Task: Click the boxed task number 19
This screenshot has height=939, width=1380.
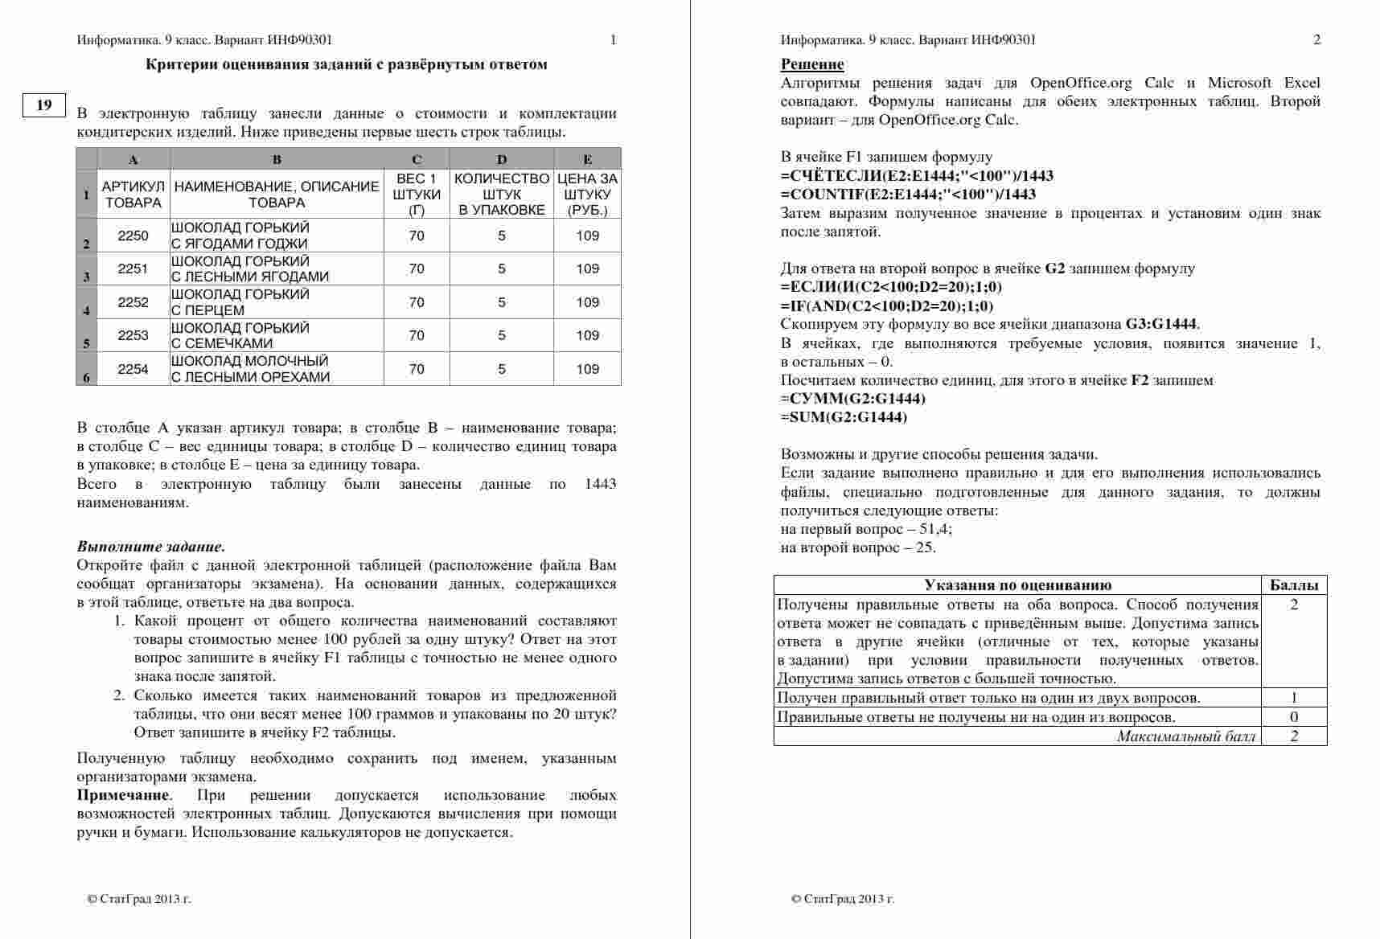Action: (44, 105)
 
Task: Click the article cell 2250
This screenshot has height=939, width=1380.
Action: (133, 236)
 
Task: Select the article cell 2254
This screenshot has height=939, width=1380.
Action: (133, 369)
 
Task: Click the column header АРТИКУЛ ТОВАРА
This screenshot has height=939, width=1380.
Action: (133, 195)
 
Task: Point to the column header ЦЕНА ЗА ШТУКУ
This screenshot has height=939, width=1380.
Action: (587, 195)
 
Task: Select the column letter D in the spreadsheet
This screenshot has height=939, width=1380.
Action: (501, 159)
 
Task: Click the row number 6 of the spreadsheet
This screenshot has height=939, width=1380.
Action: (87, 376)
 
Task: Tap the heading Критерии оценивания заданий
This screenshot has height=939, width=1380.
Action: (347, 64)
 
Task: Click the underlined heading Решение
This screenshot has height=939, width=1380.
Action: (812, 64)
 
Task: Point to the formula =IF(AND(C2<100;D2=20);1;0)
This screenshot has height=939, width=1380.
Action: (887, 306)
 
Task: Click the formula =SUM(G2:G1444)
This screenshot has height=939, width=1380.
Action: (844, 417)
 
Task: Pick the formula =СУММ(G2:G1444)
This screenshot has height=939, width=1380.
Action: (853, 399)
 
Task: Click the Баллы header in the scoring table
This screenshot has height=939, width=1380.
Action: (1293, 585)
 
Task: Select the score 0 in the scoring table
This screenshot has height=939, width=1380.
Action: (1293, 717)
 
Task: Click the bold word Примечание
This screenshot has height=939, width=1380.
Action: (123, 795)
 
